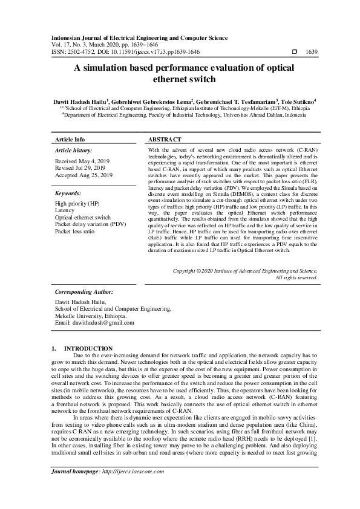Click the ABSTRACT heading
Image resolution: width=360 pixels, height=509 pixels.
point(165,139)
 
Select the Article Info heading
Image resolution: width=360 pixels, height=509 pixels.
point(70,139)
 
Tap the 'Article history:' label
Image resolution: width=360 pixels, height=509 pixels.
point(74,151)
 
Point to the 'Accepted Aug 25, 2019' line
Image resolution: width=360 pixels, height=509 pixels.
point(83,175)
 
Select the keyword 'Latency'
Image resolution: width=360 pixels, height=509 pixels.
point(64,210)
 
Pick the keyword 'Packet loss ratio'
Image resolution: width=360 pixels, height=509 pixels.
point(74,231)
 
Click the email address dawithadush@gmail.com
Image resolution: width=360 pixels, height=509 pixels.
point(95,323)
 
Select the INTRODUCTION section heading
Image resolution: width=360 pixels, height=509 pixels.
point(88,349)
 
